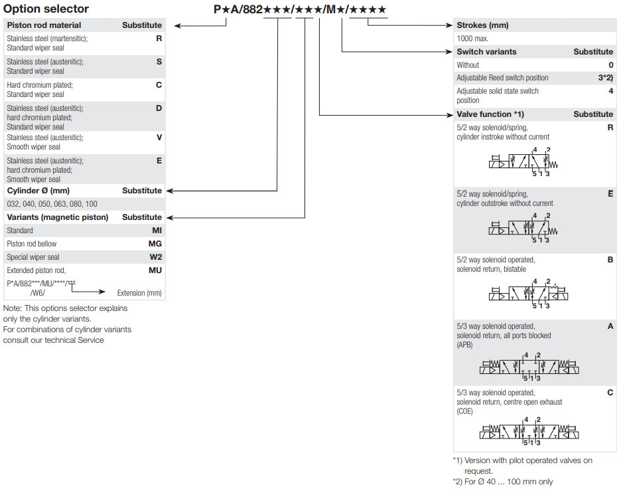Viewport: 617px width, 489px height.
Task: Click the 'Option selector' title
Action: point(46,9)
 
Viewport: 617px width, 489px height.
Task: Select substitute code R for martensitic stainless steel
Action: point(159,39)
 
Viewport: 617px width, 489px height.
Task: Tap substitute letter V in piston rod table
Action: point(159,138)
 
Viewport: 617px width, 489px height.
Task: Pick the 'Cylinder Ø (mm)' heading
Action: point(38,191)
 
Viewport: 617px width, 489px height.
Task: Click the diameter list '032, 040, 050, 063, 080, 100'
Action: point(52,204)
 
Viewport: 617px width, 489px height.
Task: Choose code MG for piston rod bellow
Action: point(155,244)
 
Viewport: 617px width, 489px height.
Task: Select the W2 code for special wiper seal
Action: point(155,257)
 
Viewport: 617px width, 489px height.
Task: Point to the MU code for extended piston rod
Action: point(155,270)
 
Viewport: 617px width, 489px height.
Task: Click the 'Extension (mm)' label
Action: point(139,293)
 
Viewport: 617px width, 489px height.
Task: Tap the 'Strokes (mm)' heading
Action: point(482,25)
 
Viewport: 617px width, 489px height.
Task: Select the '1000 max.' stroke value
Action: point(472,39)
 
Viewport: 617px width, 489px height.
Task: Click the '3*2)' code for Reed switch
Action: point(606,78)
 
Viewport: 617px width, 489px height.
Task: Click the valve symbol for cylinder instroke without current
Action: point(523,161)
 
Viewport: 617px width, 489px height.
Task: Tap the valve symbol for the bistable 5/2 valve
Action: point(529,294)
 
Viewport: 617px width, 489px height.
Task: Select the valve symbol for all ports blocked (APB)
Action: point(529,367)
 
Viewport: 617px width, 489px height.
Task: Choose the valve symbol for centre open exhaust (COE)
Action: point(529,431)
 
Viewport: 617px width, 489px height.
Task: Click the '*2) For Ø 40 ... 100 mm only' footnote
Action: point(502,482)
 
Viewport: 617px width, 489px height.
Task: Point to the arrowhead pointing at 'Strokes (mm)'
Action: point(449,25)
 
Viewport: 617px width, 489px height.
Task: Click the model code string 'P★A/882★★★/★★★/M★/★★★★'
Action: point(300,9)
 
